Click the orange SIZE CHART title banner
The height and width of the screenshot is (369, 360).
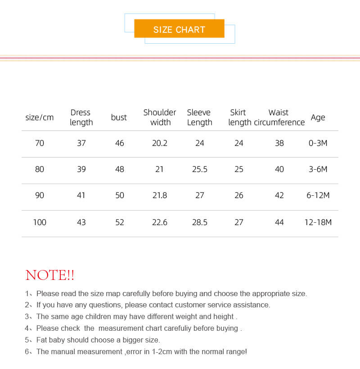click(179, 29)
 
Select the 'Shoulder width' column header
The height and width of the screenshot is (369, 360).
click(160, 117)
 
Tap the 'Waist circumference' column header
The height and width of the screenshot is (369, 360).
click(279, 117)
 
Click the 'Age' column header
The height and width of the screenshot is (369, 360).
click(318, 117)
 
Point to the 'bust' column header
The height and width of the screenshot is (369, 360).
click(119, 117)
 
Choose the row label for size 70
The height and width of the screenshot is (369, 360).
click(40, 143)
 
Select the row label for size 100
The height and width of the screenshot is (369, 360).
click(40, 222)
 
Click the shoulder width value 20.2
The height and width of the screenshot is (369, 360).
click(160, 143)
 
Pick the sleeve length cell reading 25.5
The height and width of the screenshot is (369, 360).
click(199, 169)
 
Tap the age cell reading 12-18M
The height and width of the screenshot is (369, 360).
click(318, 222)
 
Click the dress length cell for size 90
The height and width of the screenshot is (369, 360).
click(81, 195)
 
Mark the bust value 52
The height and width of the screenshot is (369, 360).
click(119, 222)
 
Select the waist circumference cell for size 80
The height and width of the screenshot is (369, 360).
click(279, 169)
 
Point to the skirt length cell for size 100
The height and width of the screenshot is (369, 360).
click(239, 222)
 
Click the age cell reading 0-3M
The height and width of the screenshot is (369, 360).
click(318, 143)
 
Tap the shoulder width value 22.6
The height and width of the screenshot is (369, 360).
click(160, 222)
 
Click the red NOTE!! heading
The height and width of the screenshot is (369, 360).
click(50, 275)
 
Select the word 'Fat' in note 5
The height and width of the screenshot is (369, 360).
click(42, 340)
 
